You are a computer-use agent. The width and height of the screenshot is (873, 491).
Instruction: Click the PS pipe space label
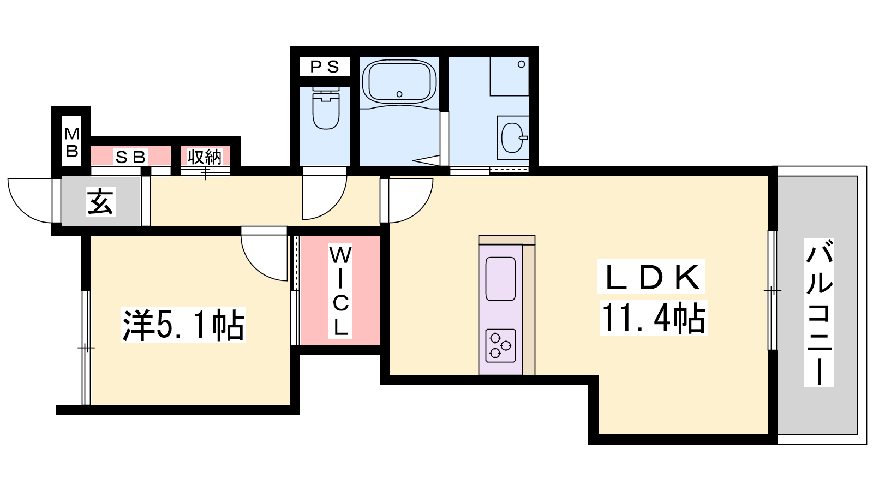tap(325, 67)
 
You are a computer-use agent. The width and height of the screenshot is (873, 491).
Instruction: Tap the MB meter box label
tap(72, 142)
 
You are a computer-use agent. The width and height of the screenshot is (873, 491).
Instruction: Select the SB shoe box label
tap(130, 157)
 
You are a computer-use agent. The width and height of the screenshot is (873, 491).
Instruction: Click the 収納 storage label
tap(205, 157)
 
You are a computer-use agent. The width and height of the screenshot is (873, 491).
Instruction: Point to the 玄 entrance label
tap(100, 201)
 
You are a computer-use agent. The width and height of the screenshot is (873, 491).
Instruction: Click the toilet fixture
tap(326, 108)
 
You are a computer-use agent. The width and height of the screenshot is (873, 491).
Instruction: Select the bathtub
tap(399, 82)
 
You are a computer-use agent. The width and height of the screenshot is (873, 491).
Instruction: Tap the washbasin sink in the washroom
tap(513, 137)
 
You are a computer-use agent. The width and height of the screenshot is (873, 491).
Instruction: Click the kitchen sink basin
tap(500, 279)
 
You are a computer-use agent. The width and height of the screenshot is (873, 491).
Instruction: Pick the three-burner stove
tap(500, 346)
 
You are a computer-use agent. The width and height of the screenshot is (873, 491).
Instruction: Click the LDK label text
tap(651, 277)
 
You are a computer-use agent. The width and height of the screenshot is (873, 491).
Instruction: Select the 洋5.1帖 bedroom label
tap(183, 325)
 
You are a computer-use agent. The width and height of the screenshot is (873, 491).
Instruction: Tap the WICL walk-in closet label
tap(340, 291)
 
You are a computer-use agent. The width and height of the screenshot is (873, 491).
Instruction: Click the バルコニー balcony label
tap(819, 313)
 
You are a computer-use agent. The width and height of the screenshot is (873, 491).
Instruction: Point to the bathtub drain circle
tap(399, 94)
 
